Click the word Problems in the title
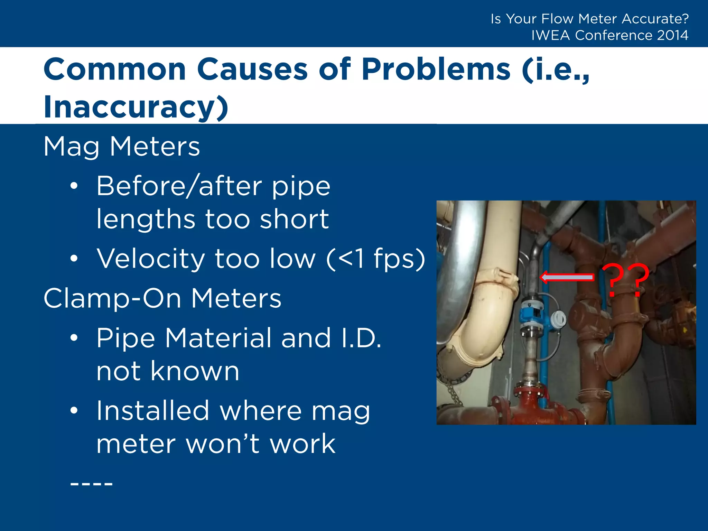click(x=436, y=69)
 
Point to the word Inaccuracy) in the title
click(x=136, y=106)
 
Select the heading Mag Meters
click(x=122, y=147)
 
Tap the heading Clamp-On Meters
click(x=162, y=298)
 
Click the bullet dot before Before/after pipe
click(x=74, y=186)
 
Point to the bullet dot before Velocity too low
click(x=74, y=259)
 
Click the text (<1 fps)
click(x=376, y=259)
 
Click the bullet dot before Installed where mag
click(x=74, y=411)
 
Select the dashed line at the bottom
click(x=91, y=484)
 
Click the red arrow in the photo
click(x=567, y=277)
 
